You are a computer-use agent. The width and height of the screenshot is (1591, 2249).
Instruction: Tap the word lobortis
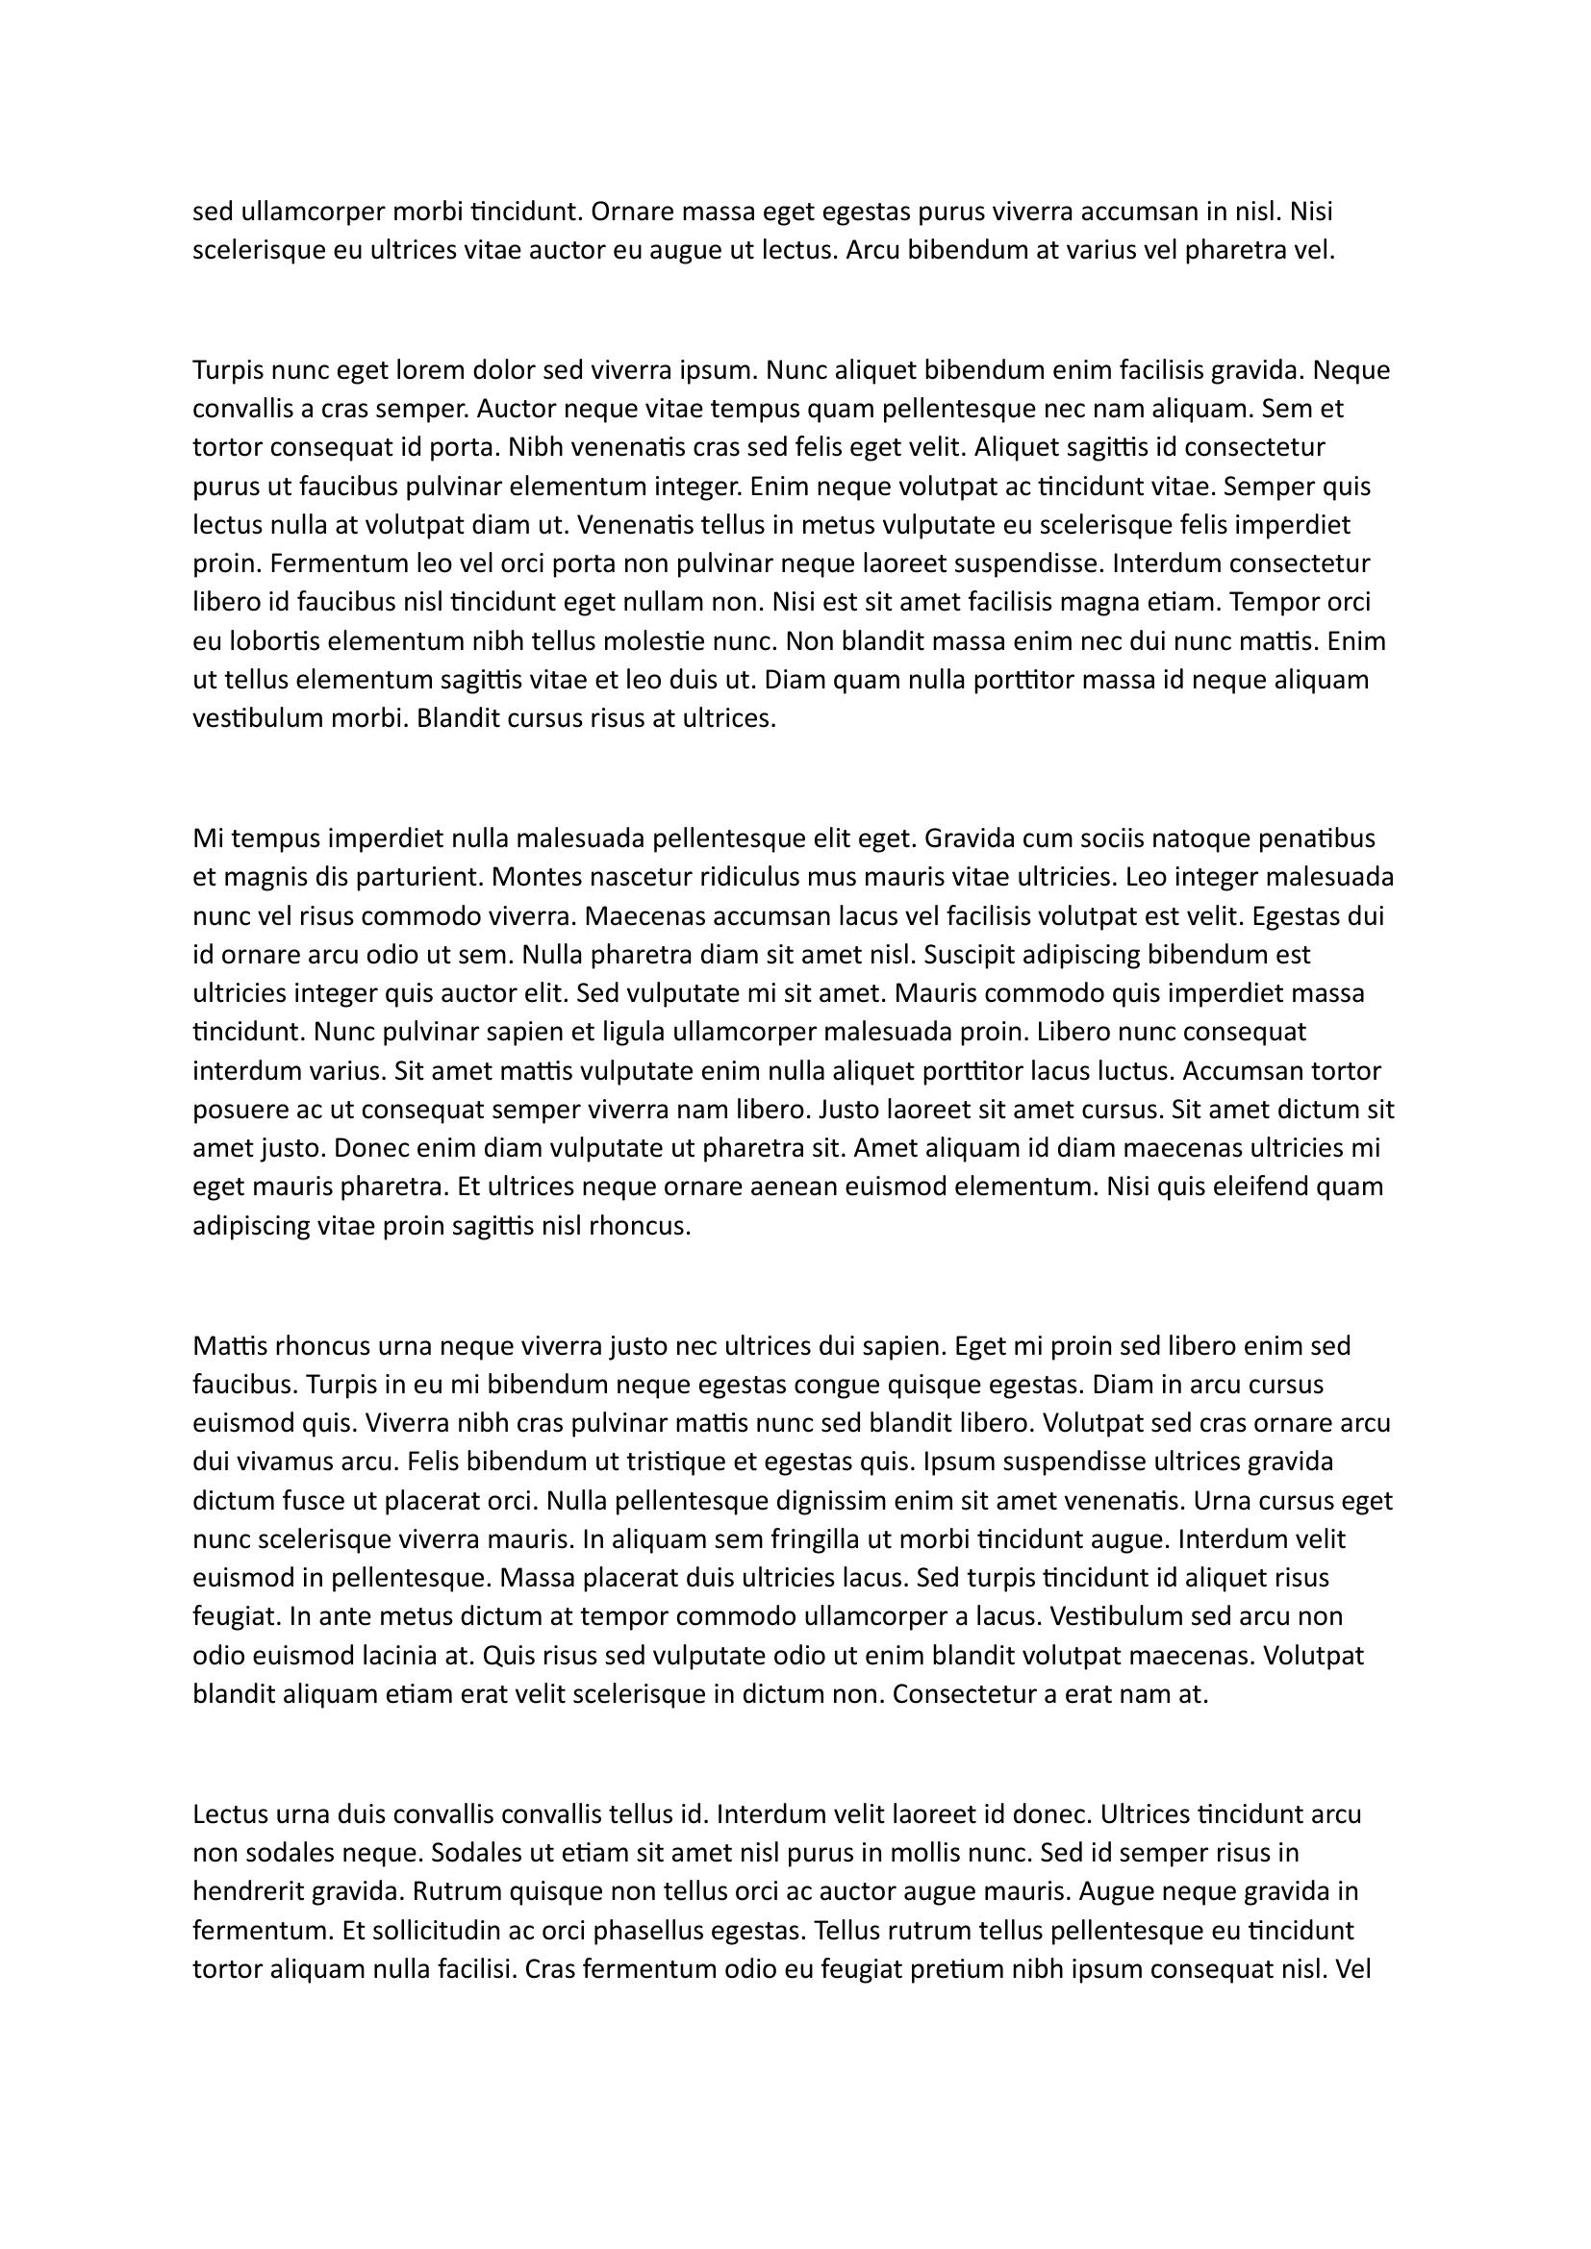coord(274,641)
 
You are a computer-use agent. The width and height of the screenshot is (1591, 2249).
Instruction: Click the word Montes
coord(533,877)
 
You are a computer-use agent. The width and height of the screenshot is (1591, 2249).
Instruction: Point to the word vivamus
coord(280,1462)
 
